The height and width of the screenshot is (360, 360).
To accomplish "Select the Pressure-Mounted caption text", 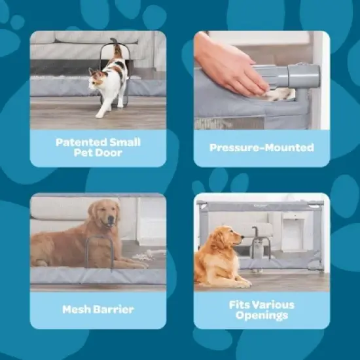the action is [262, 148].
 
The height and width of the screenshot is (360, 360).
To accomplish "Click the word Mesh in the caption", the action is [77, 310].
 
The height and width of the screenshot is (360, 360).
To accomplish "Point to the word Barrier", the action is [114, 310].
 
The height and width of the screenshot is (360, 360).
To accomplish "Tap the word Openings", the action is [262, 315].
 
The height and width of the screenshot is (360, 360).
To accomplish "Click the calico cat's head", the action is [96, 78].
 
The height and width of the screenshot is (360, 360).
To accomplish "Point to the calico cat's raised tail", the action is [117, 47].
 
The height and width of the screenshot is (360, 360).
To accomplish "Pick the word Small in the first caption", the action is [125, 142].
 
